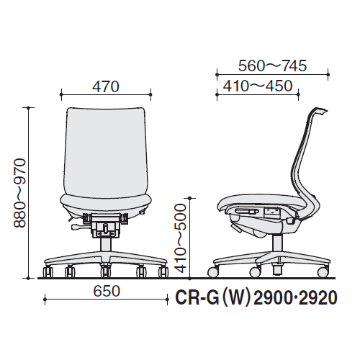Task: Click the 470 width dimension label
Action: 106,86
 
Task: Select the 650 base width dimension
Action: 107,291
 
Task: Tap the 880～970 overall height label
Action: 19,193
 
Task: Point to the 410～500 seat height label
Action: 181,238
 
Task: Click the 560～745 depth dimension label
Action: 272,66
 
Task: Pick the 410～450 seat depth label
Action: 258,86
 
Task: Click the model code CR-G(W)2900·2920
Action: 256,298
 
